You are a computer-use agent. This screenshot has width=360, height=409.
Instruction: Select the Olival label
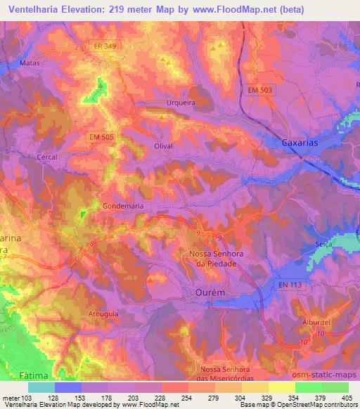coord(163,145)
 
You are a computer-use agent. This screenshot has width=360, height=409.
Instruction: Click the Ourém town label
coord(208,291)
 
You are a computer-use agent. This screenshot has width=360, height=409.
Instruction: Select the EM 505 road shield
coord(103,136)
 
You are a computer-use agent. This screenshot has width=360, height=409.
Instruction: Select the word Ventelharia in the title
coord(39,9)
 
